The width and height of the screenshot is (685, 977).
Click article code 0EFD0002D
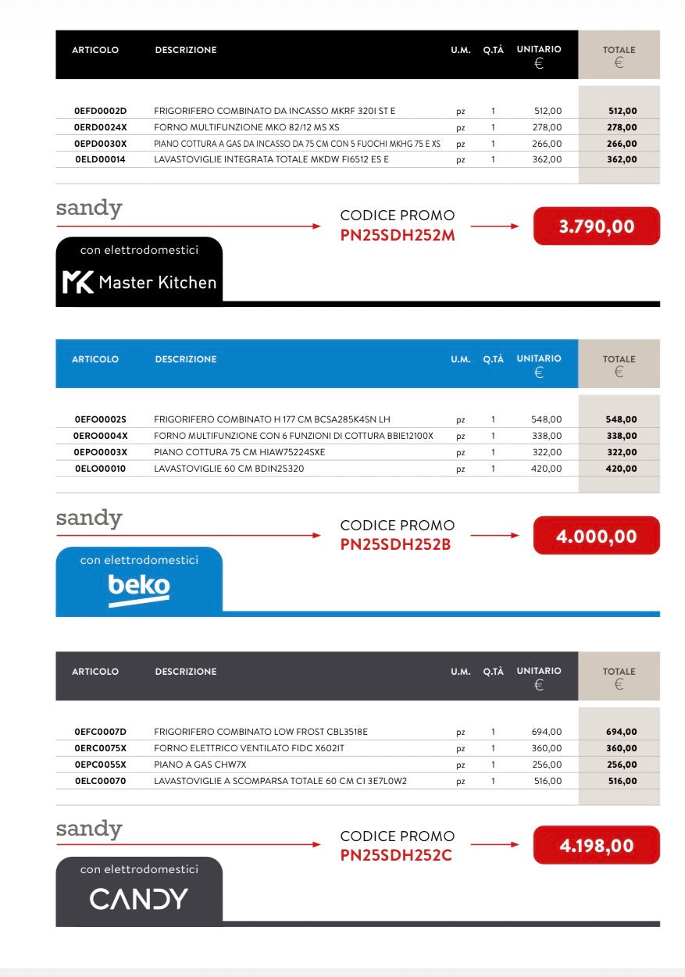(x=100, y=111)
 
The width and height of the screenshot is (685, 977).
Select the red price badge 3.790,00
(x=597, y=226)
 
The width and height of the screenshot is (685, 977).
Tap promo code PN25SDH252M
(x=398, y=234)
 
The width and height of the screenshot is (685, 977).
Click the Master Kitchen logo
(x=139, y=282)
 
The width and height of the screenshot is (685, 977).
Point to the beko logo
(x=139, y=587)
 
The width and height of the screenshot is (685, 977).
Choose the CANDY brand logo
(x=139, y=899)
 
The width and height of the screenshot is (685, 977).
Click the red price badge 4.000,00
(x=597, y=537)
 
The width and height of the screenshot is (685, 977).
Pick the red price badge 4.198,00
(x=597, y=846)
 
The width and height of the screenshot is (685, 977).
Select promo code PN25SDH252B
(x=396, y=544)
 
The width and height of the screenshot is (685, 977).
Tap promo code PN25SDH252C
(x=396, y=855)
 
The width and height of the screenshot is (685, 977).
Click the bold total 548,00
(x=621, y=419)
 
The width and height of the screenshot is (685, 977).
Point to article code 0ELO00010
(x=100, y=469)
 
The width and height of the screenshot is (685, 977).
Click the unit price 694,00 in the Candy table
(x=547, y=732)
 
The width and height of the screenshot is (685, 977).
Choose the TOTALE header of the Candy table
(x=619, y=672)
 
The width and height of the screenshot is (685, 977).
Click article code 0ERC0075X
(x=100, y=748)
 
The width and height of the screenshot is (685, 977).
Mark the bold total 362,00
(x=622, y=159)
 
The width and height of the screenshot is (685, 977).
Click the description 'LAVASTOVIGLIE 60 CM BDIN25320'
(x=229, y=469)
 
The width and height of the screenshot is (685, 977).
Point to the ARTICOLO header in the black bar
(x=95, y=50)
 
